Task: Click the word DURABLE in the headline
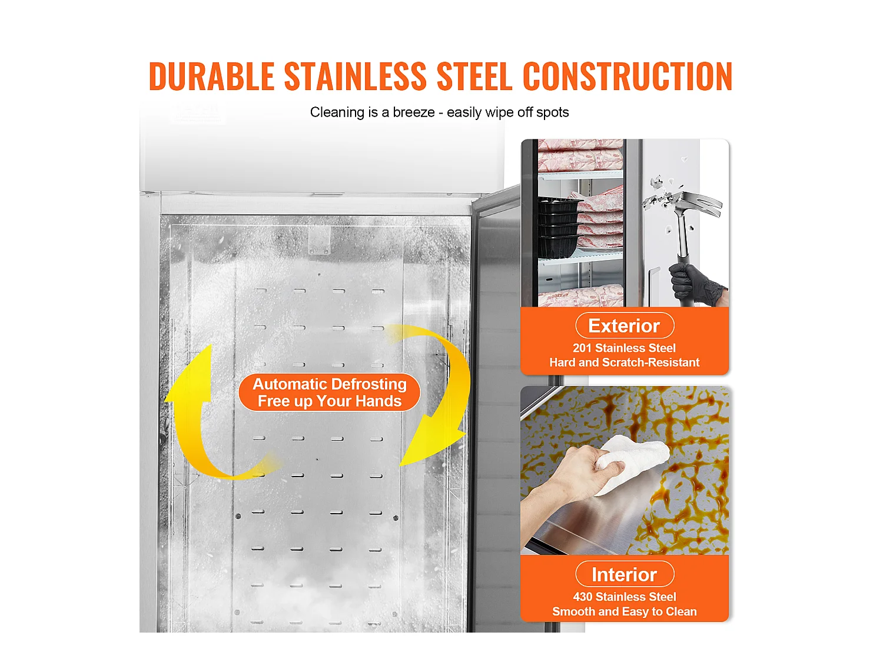(x=211, y=76)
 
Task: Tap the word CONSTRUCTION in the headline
(x=627, y=76)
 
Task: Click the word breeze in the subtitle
(x=413, y=112)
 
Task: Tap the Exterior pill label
(x=624, y=326)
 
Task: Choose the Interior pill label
(x=624, y=574)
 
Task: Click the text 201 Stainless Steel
(x=624, y=348)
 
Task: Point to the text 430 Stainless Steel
(x=624, y=597)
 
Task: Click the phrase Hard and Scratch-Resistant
(x=624, y=362)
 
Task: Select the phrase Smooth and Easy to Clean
(x=624, y=611)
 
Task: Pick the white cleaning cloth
(x=633, y=462)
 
